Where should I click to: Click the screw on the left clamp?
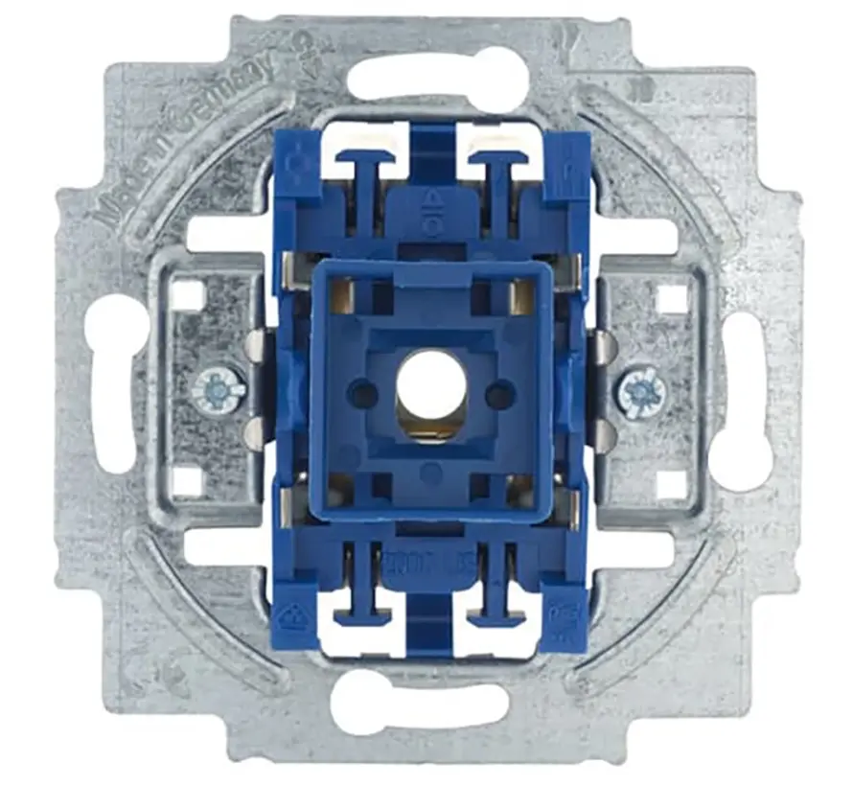coord(219,390)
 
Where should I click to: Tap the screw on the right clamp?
coord(641,391)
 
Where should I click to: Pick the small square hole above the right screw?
coord(673,299)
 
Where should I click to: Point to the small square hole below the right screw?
coord(674,483)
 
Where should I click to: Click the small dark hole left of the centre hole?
coord(361,392)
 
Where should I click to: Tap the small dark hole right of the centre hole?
coord(499,393)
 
